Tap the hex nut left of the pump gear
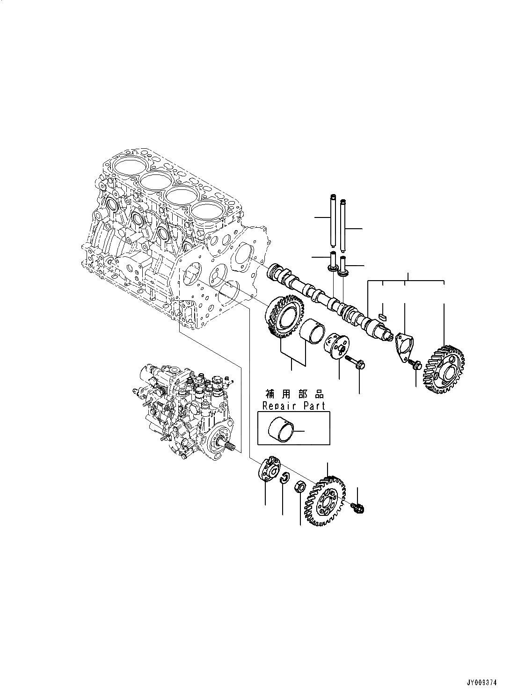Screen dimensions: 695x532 (300, 487)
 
